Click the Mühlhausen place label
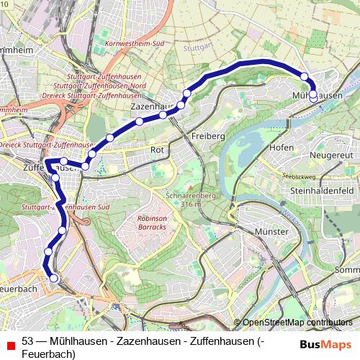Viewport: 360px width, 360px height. [x=317, y=95]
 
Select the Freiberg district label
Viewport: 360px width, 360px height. [x=210, y=135]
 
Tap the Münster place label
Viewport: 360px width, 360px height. [x=271, y=231]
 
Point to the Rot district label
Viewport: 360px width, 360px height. [x=158, y=150]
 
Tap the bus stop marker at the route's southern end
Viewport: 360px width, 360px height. [x=53, y=278]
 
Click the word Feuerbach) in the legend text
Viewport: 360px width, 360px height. [x=48, y=354]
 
